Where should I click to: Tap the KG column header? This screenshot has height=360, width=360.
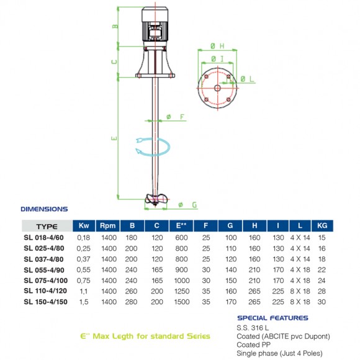point(322,226)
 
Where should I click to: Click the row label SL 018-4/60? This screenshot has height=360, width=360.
point(45,237)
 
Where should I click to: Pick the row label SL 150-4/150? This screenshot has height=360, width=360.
point(45,302)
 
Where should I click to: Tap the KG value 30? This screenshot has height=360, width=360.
point(322,302)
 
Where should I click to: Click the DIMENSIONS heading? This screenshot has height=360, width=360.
point(44,210)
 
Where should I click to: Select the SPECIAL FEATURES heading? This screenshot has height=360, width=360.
point(272,318)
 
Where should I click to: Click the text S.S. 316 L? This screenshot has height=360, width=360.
point(252,327)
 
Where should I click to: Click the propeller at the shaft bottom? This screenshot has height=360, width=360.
point(152,199)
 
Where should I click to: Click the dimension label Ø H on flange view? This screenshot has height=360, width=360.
point(217,46)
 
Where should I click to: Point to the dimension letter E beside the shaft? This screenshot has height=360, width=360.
point(114,138)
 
